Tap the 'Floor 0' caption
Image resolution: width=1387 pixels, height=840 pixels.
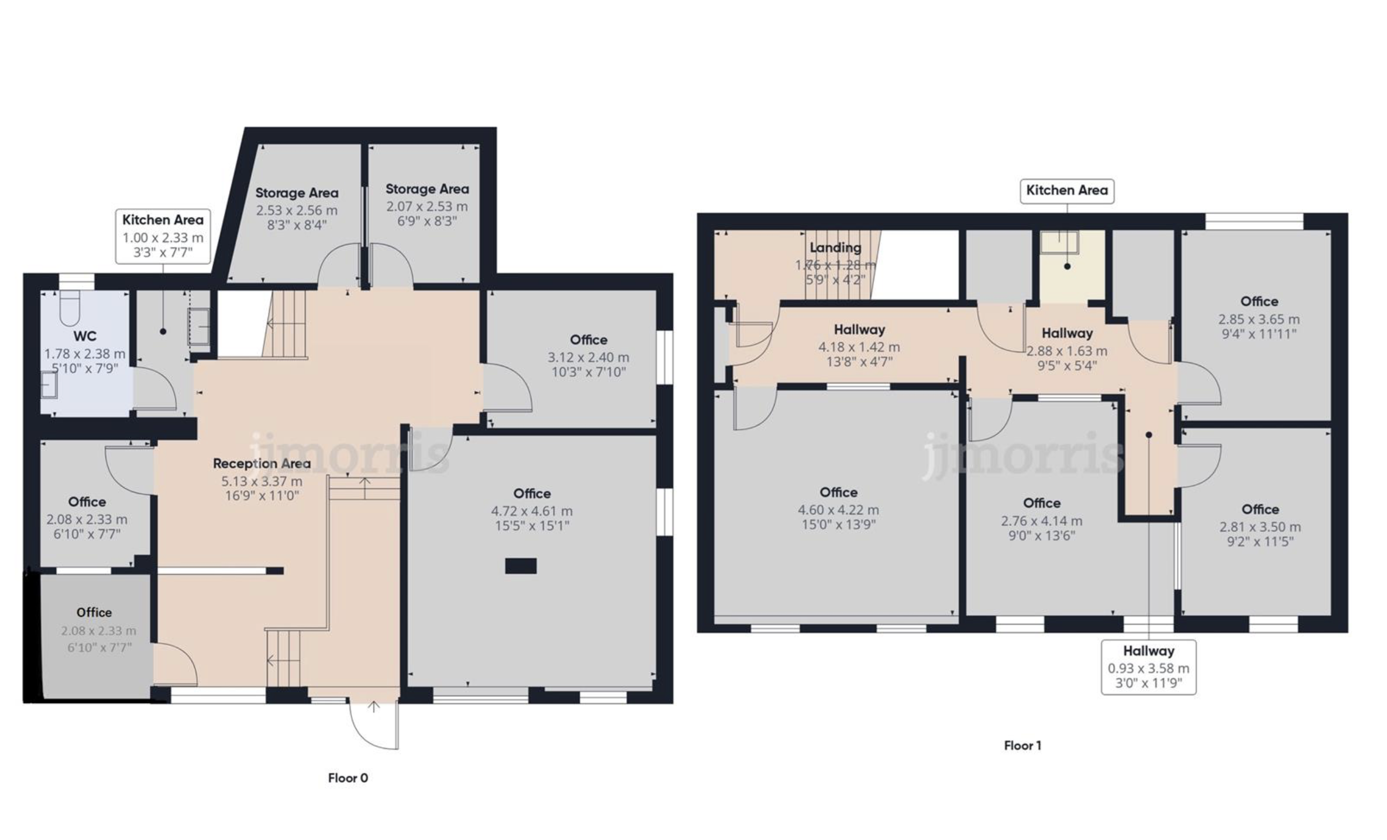[348, 777]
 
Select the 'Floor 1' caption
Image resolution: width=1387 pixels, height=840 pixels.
[1022, 746]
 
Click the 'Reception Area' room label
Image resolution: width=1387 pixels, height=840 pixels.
[262, 463]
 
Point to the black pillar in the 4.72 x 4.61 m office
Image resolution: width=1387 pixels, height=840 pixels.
[521, 566]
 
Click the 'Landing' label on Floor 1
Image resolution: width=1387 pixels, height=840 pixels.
[836, 247]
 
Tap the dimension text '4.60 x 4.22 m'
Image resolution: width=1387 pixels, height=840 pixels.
[838, 510]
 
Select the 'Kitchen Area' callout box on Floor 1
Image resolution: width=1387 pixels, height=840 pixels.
[1067, 191]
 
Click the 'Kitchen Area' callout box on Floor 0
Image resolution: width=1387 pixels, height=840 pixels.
[163, 236]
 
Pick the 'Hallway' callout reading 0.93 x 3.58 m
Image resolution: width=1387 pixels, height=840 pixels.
[1148, 666]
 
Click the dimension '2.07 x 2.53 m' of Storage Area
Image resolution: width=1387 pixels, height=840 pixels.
[427, 206]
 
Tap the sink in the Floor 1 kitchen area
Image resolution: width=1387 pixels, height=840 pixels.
[1059, 242]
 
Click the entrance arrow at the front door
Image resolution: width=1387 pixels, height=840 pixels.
[374, 707]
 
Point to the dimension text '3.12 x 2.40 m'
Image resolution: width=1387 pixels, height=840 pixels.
[588, 357]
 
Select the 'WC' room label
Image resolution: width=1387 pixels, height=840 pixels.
[84, 336]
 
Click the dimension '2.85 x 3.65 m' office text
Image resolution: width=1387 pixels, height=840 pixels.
[1259, 319]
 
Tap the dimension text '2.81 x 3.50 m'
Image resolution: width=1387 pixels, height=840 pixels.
[1260, 527]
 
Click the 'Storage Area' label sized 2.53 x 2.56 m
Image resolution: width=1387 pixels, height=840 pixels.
[297, 193]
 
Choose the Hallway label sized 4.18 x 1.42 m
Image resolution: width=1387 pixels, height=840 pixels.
[859, 330]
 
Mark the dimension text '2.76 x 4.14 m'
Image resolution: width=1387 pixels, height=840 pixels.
[1041, 521]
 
